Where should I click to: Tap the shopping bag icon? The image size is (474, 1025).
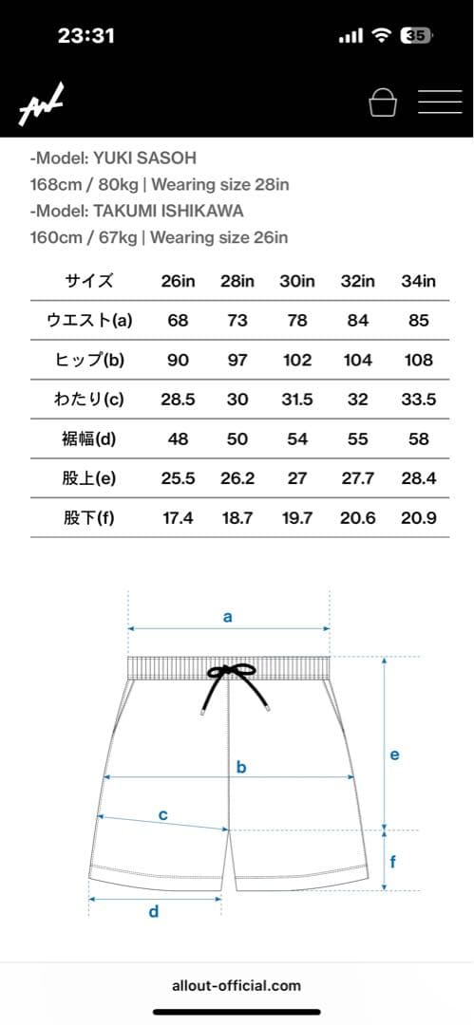click(383, 102)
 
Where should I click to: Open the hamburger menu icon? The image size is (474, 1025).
click(440, 102)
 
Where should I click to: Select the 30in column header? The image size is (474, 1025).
click(297, 281)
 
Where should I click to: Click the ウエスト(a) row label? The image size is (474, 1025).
click(89, 321)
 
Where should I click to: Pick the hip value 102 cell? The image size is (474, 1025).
click(297, 361)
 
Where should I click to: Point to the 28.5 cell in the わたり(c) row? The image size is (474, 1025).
click(178, 400)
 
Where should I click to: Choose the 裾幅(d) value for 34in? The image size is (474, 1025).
click(418, 438)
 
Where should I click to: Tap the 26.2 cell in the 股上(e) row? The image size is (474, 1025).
click(237, 478)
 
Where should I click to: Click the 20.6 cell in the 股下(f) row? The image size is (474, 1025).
click(357, 518)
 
